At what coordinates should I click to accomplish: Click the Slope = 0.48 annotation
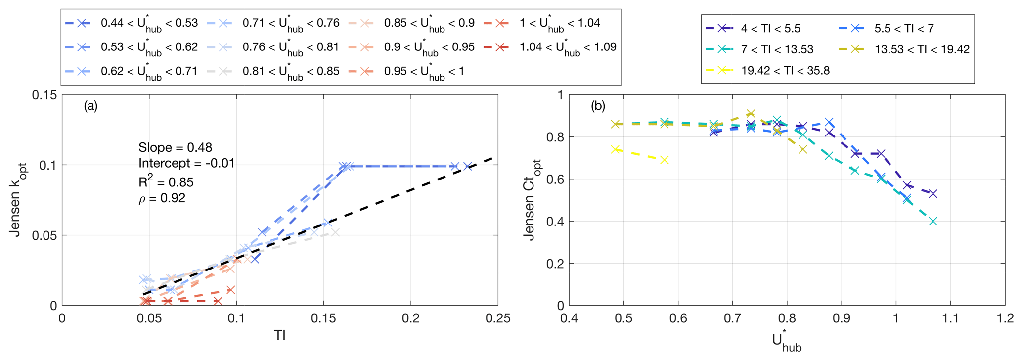(x=175, y=147)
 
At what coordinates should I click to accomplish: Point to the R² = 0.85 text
(x=166, y=182)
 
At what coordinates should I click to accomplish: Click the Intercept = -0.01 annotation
(x=186, y=163)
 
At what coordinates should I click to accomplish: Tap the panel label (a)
(x=90, y=106)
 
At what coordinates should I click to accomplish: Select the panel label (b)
(x=598, y=106)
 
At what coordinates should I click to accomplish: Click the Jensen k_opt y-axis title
(x=18, y=200)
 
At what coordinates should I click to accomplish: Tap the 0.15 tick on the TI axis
(x=323, y=318)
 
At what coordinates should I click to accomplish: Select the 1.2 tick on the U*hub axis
(x=1004, y=318)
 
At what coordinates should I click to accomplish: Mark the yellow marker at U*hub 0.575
(x=665, y=160)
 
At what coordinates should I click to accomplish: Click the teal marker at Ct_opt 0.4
(x=933, y=221)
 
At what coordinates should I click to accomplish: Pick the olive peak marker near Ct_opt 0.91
(x=751, y=114)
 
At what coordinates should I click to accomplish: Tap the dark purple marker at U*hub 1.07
(x=933, y=194)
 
